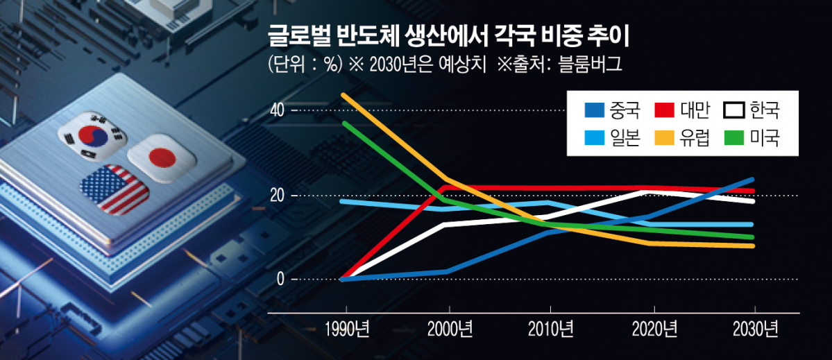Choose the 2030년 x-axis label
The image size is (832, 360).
[x=755, y=327]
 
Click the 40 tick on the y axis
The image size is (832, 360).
[x=280, y=111]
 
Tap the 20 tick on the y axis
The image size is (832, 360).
[x=280, y=196]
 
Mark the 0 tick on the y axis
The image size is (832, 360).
[x=282, y=280]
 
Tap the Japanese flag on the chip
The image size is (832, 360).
[x=162, y=158]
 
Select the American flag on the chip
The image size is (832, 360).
[x=114, y=189]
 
